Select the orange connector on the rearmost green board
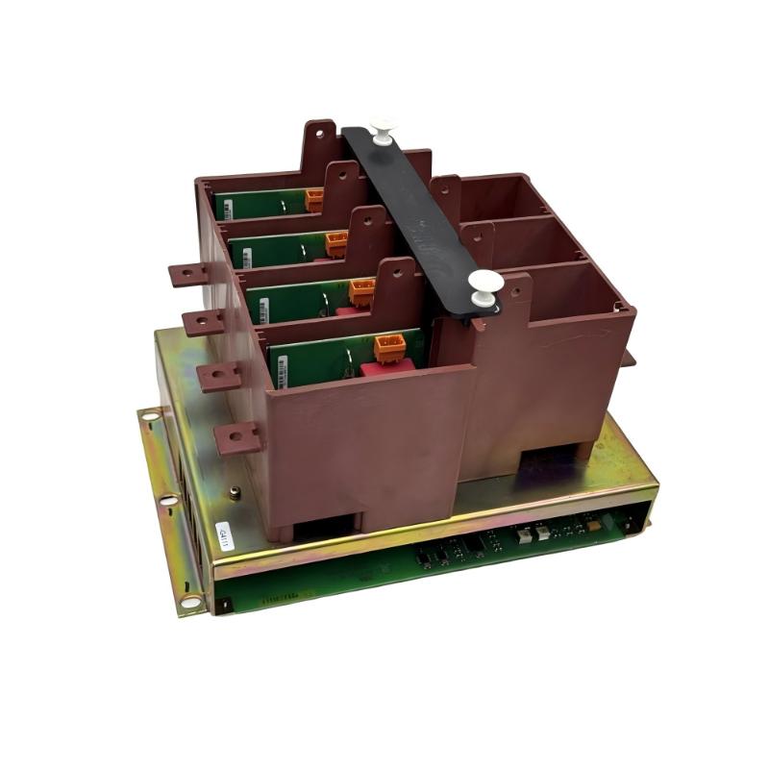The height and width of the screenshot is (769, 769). [x=314, y=199]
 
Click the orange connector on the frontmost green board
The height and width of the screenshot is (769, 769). [x=388, y=347]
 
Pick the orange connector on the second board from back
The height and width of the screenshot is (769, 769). [x=336, y=243]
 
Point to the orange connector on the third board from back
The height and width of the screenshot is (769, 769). [x=361, y=290]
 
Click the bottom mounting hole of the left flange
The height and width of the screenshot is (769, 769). [x=190, y=601]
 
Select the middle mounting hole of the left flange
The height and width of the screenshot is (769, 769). [x=168, y=500]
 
